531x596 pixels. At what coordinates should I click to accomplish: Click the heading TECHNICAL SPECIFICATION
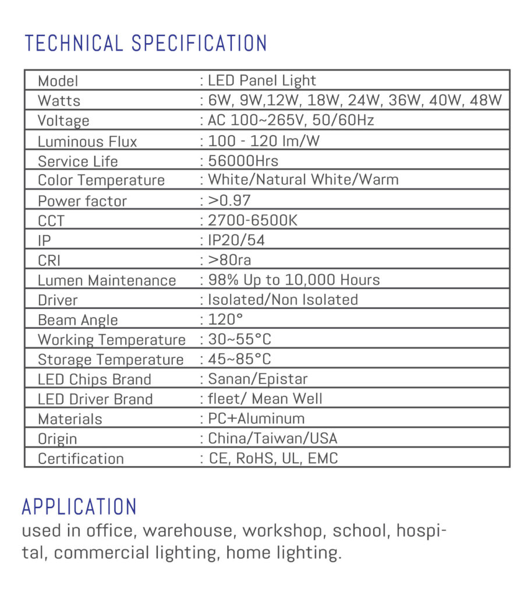click(x=146, y=44)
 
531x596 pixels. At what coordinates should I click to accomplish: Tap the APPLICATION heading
click(x=79, y=507)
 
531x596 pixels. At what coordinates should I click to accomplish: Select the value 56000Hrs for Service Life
click(x=243, y=161)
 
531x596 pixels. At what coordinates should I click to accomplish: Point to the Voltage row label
click(x=63, y=121)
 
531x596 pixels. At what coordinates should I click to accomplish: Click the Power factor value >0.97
click(x=229, y=201)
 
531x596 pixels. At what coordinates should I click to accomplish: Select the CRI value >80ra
click(x=229, y=260)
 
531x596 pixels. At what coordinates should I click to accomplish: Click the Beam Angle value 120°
click(x=225, y=320)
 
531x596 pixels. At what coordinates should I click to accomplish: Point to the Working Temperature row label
click(x=111, y=339)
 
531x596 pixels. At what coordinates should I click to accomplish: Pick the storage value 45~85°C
click(x=239, y=359)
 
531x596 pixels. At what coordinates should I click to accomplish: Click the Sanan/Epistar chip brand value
click(x=257, y=379)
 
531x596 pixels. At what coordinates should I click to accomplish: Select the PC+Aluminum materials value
click(x=256, y=418)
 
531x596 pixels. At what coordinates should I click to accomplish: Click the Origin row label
click(x=57, y=439)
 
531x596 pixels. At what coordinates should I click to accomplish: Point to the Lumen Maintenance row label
click(x=107, y=280)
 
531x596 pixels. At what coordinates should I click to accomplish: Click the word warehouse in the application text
click(x=187, y=531)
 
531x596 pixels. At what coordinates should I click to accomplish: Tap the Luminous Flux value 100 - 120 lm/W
click(x=264, y=141)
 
